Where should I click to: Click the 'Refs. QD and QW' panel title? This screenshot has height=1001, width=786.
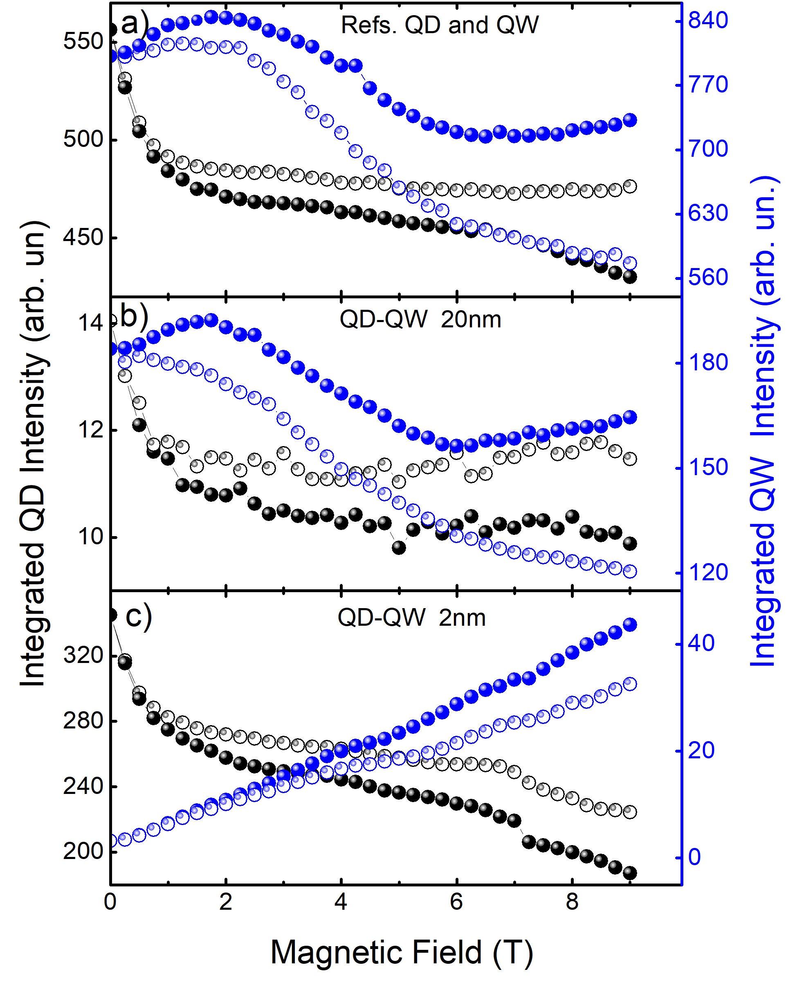click(439, 25)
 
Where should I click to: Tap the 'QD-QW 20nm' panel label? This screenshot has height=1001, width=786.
click(420, 320)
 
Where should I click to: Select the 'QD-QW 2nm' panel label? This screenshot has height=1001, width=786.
click(411, 618)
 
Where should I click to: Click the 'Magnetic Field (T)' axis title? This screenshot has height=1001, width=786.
click(401, 952)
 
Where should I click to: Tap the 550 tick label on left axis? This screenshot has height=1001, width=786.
click(83, 41)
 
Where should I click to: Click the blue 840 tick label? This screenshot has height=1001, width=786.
click(708, 20)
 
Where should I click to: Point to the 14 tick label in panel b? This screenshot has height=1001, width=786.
click(90, 323)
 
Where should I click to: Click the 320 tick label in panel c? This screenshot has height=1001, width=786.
click(83, 655)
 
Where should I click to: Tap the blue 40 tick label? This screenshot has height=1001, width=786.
click(701, 643)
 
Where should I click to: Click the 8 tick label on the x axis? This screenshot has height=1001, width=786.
click(572, 902)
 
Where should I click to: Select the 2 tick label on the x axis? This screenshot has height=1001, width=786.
click(225, 902)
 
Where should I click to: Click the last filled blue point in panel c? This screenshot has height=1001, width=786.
click(629, 625)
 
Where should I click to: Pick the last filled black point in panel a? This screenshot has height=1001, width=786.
click(629, 277)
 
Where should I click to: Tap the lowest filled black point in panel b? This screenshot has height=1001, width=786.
click(399, 548)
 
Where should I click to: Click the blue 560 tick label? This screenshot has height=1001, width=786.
click(708, 277)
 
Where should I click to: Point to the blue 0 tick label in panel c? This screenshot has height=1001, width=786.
click(694, 857)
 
